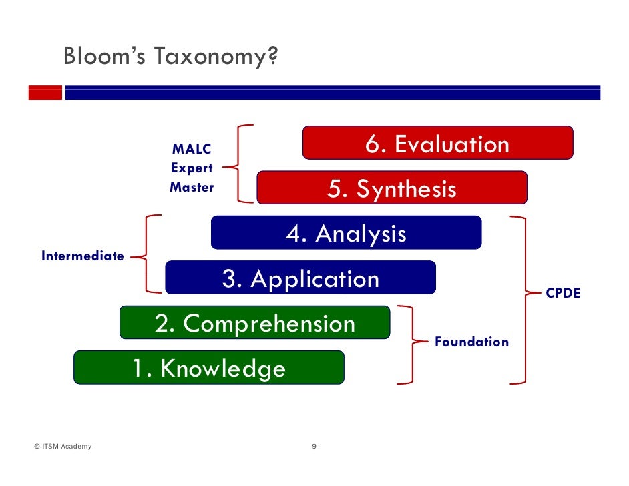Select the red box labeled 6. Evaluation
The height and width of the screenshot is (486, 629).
437,143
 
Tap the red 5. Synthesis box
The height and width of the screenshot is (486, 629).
392,188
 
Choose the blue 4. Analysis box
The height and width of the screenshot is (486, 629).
346,233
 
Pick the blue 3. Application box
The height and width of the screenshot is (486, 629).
300,278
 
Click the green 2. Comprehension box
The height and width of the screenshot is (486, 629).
254,323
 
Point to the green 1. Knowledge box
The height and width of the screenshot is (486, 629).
208,368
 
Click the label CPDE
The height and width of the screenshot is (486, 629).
563,293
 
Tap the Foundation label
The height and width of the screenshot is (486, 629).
471,342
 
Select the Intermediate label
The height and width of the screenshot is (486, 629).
83,256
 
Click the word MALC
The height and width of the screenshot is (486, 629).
192,149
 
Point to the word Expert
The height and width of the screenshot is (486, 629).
192,168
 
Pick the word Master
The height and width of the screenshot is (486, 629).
192,188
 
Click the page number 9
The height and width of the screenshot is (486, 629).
314,447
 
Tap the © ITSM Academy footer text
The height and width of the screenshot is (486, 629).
63,447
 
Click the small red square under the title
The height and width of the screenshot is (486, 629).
45,93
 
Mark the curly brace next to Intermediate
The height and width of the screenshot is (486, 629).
147,254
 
